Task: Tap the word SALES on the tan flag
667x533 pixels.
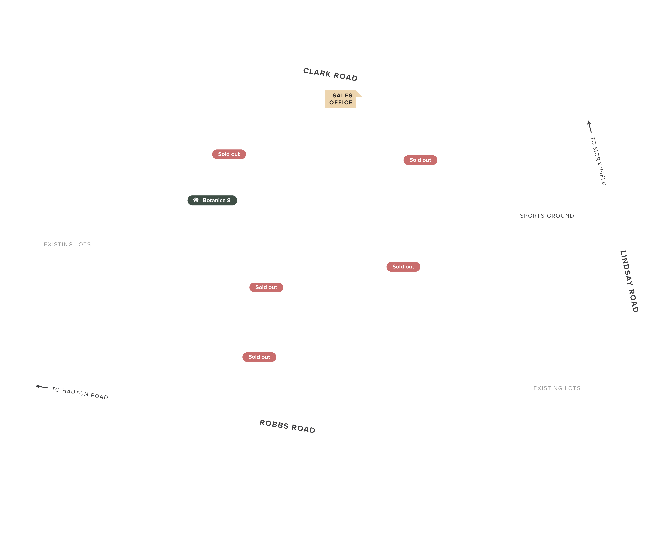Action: click(x=342, y=96)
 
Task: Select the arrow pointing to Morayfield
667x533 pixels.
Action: click(x=589, y=126)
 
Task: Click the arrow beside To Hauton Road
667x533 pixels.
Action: click(x=42, y=387)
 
